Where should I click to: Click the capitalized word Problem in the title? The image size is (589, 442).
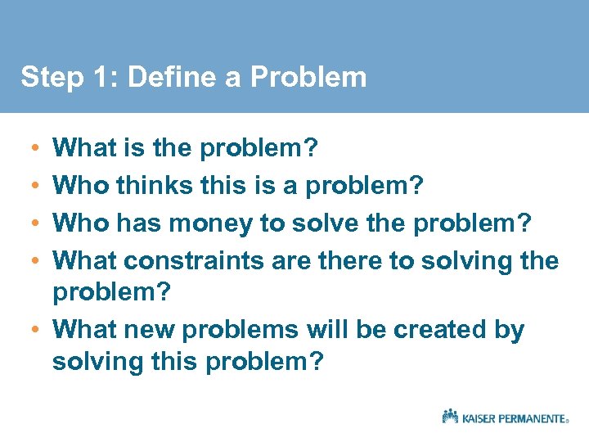(x=308, y=77)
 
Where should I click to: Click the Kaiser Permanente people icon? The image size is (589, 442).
(x=450, y=416)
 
